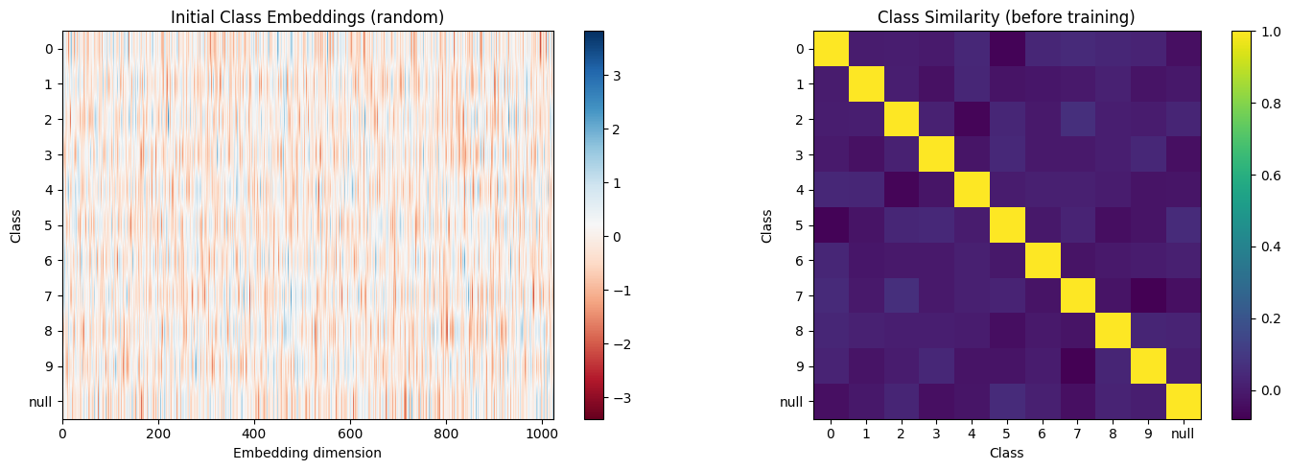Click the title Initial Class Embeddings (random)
[x=308, y=16]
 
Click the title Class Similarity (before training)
[x=1006, y=16]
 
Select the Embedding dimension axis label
[x=308, y=453]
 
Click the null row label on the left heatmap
[x=41, y=402]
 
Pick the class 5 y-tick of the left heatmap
[x=48, y=225]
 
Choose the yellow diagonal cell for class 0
[x=831, y=48]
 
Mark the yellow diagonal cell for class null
[x=1183, y=402]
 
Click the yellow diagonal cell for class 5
[x=1007, y=225]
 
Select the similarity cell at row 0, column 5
[x=1007, y=48]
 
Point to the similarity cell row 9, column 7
[x=1077, y=366]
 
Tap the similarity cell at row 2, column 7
[x=1077, y=119]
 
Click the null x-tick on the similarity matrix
[x=1183, y=434]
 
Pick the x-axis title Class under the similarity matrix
[x=1006, y=453]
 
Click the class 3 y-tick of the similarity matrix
[x=799, y=154]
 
